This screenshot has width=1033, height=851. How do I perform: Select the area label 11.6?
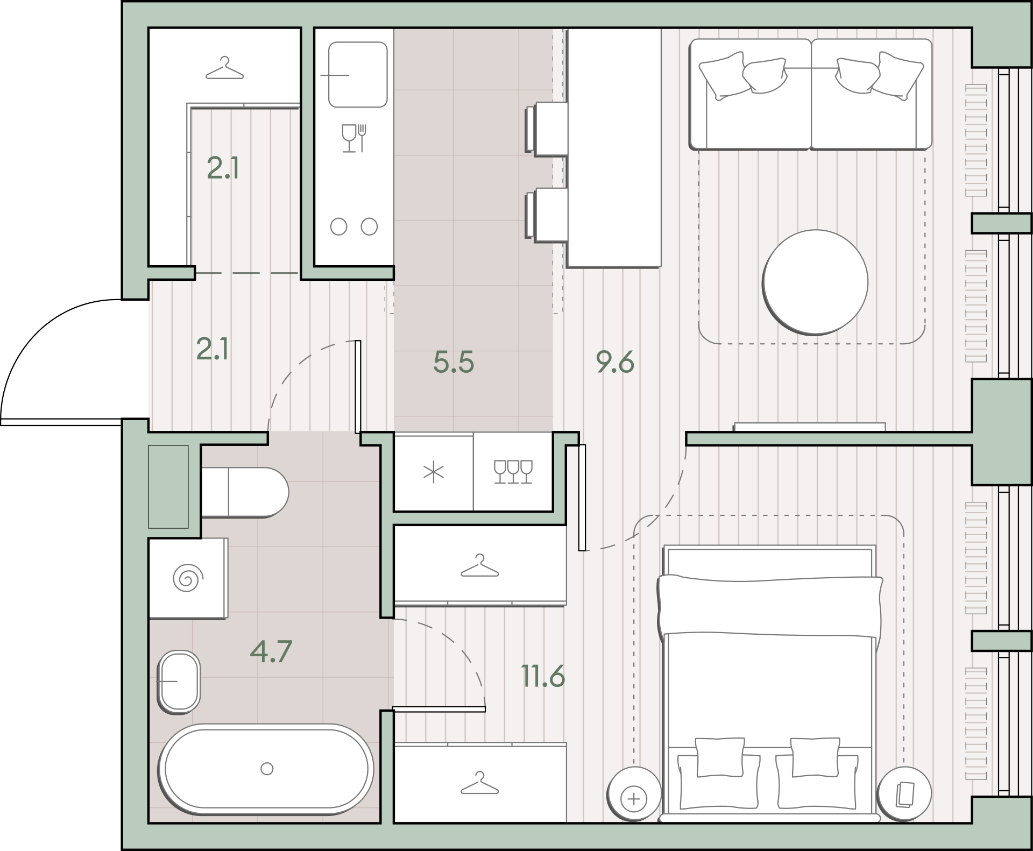click(543, 676)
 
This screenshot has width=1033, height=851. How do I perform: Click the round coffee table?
click(815, 282)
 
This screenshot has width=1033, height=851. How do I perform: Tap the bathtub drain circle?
click(267, 769)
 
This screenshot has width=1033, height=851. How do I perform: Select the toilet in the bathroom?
click(245, 492)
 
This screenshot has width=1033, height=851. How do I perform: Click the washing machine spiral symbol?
click(188, 579)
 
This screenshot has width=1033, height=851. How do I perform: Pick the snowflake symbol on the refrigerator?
click(434, 473)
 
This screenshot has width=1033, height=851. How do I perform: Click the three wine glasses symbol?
click(513, 472)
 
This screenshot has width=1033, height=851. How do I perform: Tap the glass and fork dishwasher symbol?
click(354, 138)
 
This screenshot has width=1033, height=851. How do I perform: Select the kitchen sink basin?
click(358, 75)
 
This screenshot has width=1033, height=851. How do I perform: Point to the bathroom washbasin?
click(179, 682)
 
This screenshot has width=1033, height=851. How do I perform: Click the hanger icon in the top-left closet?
click(224, 68)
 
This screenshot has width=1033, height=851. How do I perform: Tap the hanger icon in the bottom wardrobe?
click(480, 783)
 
